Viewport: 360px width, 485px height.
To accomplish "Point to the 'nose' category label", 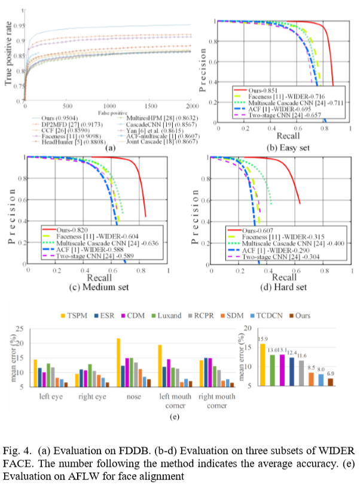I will point(127,396).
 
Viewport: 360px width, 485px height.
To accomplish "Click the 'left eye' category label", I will point(46,396).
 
